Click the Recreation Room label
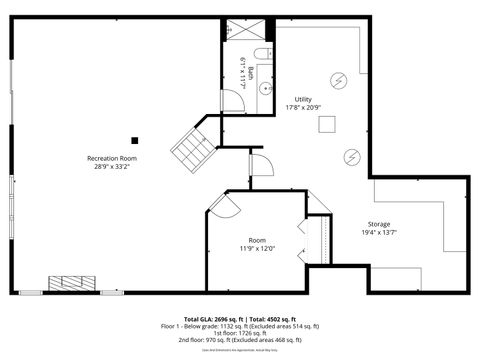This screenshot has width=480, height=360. pos(112,158)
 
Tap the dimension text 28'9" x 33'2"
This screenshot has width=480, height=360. pos(112,167)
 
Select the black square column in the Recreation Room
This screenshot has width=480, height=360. pos(135,140)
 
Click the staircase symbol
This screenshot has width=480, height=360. pos(194,149)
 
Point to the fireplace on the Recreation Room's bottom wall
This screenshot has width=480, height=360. pos(73,284)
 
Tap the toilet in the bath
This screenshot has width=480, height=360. pos(261,54)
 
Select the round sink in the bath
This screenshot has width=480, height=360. pos(265,88)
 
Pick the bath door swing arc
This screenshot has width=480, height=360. pos(233,100)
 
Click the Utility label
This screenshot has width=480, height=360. pos(304,98)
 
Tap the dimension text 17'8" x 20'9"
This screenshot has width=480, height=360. pos(304,107)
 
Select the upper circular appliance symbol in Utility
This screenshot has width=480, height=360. pos(338,80)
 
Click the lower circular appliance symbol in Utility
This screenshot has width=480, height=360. pos(352,156)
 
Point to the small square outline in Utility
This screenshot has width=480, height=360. pos(327,124)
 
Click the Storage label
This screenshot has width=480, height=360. pos(379,224)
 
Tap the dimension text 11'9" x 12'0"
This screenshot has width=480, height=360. pos(257,248)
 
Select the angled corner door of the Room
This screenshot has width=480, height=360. pos(223,205)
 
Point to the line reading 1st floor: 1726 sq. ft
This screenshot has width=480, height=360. pos(239,333)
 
